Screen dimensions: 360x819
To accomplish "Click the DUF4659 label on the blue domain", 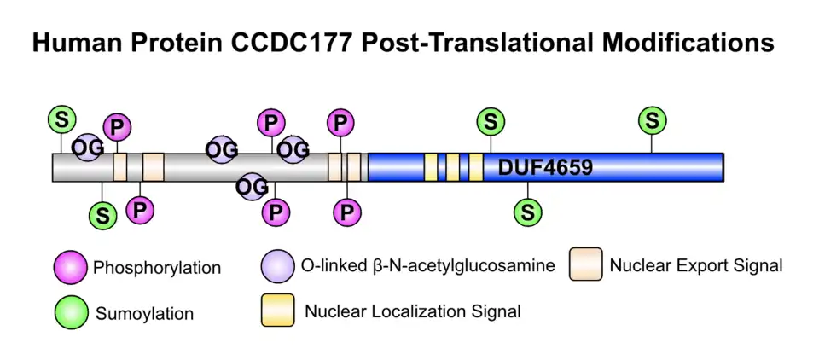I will (545, 166).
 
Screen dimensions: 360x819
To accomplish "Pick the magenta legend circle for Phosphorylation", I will (70, 267).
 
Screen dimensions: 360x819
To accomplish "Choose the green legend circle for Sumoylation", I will (70, 312).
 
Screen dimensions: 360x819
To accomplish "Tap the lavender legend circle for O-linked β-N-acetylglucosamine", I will (278, 266).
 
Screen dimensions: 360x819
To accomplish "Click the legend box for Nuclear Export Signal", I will (586, 264).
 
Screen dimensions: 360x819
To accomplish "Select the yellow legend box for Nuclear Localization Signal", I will (278, 310).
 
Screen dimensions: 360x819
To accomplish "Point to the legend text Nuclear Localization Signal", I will (412, 311).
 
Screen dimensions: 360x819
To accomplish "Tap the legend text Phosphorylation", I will (157, 268).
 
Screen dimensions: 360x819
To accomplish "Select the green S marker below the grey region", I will (103, 215).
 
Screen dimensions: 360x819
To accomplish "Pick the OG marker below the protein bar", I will (252, 185).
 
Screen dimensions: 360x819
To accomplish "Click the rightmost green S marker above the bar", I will (653, 121).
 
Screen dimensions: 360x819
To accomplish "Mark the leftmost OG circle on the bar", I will (88, 147).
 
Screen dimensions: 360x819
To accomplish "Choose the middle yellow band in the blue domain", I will (453, 166).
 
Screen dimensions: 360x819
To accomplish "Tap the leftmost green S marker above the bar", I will (61, 119).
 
